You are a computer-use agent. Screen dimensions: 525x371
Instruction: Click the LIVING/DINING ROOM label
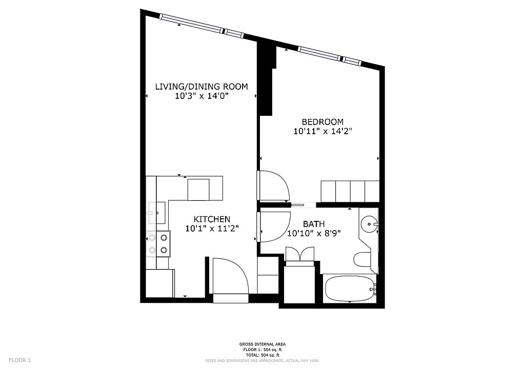pyautogui.click(x=201, y=87)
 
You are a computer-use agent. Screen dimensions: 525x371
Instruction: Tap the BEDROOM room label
pyautogui.click(x=323, y=122)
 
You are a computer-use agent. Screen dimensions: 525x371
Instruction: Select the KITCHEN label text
pyautogui.click(x=212, y=219)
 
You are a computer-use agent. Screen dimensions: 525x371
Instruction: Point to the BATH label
pyautogui.click(x=314, y=224)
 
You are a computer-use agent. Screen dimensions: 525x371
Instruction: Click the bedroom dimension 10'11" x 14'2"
pyautogui.click(x=323, y=132)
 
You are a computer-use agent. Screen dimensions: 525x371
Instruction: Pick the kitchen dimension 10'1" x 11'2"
pyautogui.click(x=212, y=229)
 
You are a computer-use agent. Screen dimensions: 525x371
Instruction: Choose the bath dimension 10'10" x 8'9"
pyautogui.click(x=314, y=233)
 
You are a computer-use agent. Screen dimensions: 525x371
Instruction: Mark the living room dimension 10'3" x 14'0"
pyautogui.click(x=201, y=96)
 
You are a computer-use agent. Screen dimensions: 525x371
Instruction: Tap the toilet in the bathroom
pyautogui.click(x=362, y=260)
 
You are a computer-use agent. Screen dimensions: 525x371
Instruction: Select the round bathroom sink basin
pyautogui.click(x=369, y=224)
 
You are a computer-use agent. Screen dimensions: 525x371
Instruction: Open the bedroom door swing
pyautogui.click(x=273, y=186)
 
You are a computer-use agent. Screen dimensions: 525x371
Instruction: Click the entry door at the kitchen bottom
pyautogui.click(x=230, y=277)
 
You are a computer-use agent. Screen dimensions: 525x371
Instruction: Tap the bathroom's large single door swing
pyautogui.click(x=274, y=226)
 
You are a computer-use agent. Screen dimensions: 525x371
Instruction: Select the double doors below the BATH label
pyautogui.click(x=299, y=256)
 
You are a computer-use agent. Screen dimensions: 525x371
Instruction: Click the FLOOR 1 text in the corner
pyautogui.click(x=20, y=360)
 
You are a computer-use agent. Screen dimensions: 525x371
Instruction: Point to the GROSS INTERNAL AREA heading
pyautogui.click(x=262, y=344)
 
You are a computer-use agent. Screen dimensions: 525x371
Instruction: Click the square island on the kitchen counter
pyautogui.click(x=198, y=190)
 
